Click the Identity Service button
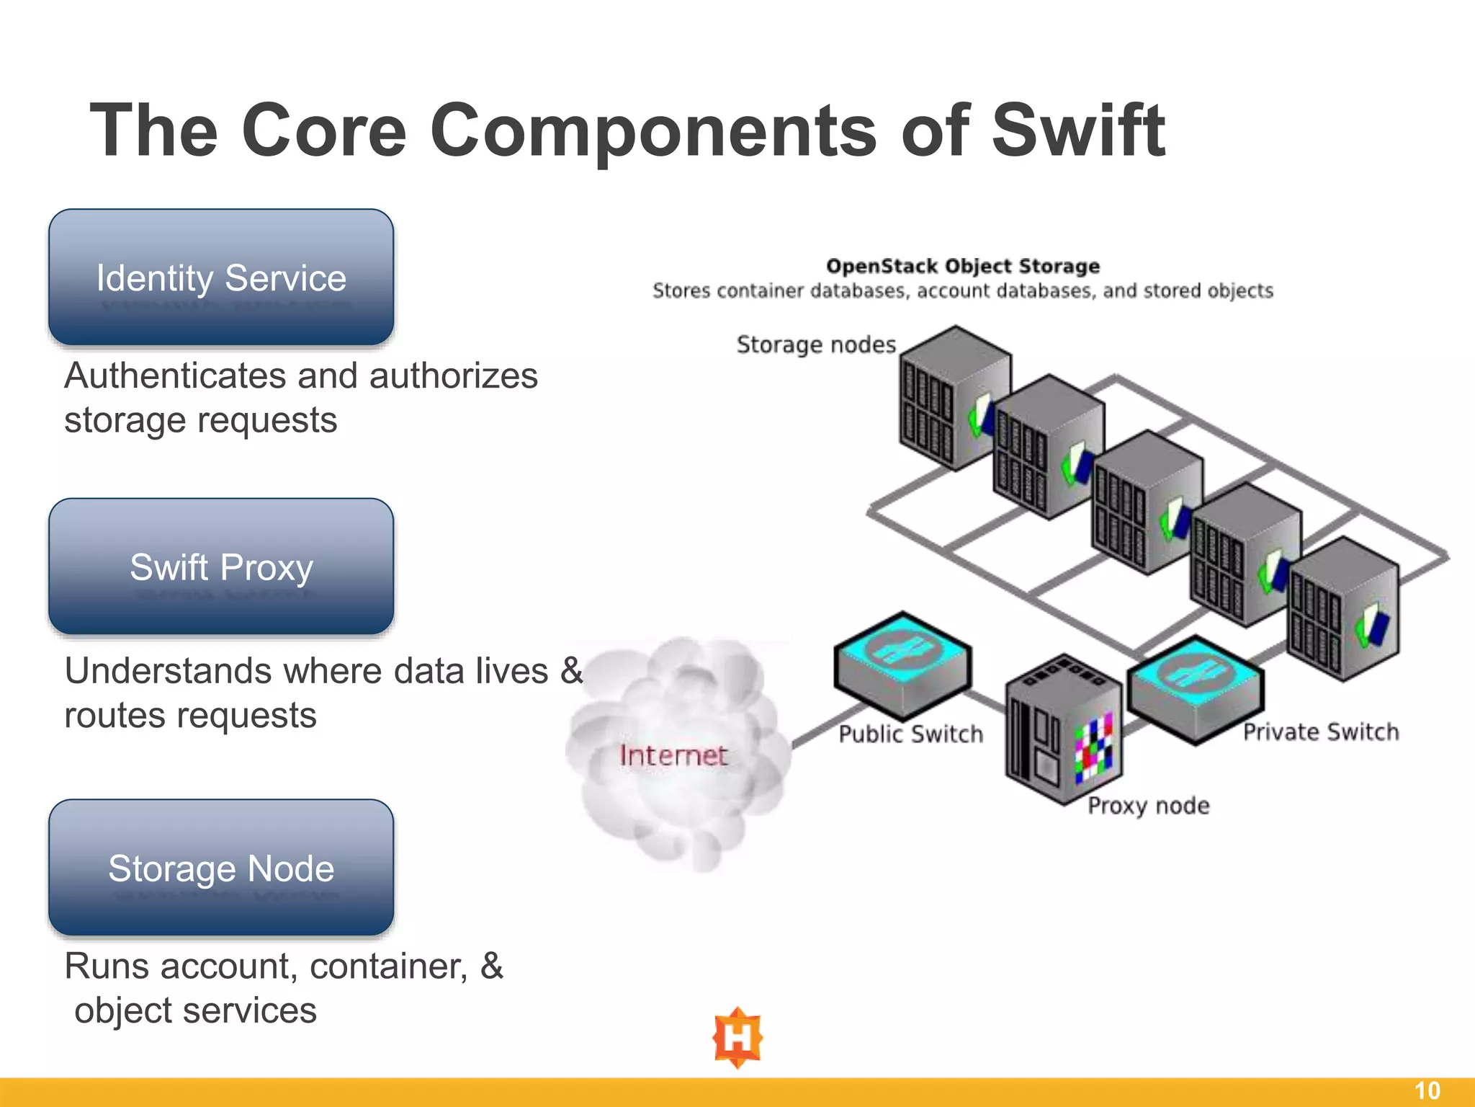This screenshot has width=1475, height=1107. coord(221,277)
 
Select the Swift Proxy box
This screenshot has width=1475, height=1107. coord(221,566)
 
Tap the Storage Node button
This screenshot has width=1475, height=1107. coord(221,868)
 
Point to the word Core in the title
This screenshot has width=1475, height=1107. coord(324,131)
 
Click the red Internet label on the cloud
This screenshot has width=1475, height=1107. coord(673,755)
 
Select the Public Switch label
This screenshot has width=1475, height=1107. coord(910,734)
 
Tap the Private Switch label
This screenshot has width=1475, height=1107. coord(1321,732)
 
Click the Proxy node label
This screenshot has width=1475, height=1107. coord(1148,805)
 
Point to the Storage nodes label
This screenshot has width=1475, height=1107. coord(816,344)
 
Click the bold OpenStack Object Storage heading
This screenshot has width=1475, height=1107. coord(962,266)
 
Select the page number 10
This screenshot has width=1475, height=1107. coord(1427,1090)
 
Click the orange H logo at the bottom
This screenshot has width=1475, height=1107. coord(737,1038)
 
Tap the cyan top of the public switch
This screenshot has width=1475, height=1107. coord(903,648)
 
